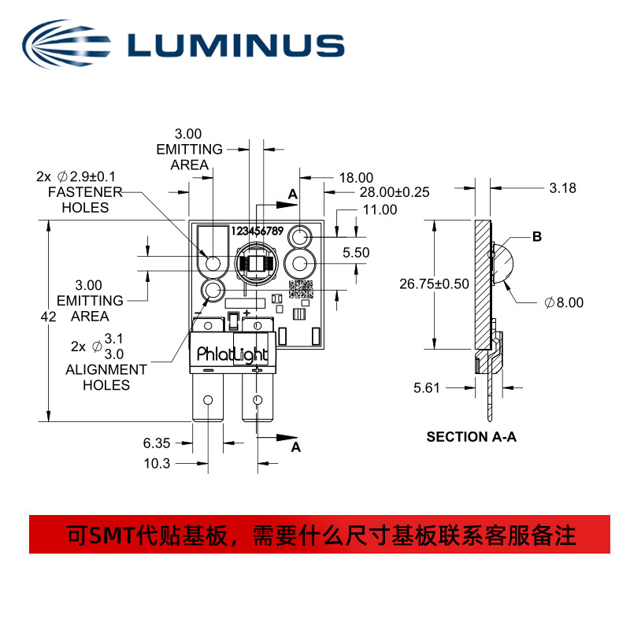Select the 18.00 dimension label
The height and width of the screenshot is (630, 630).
[x=356, y=178]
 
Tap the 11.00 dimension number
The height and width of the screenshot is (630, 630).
[x=380, y=210]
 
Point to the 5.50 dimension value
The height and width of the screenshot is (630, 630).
[x=356, y=253]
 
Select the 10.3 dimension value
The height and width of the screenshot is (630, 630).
[x=157, y=464]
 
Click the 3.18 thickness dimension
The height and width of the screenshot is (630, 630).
[x=562, y=188]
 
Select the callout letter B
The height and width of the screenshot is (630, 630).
[x=537, y=236]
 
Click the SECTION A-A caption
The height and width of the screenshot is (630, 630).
[x=471, y=437]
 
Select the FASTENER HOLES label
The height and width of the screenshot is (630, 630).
[x=85, y=200]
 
